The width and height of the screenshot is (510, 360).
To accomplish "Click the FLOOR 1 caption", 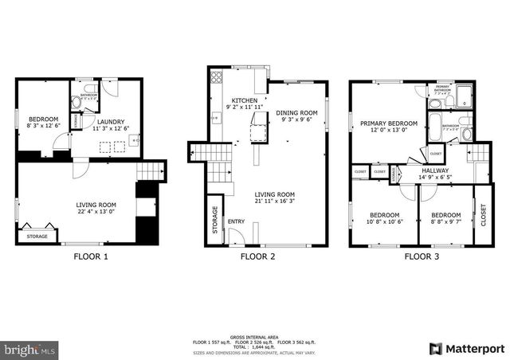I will pyautogui.click(x=90, y=256).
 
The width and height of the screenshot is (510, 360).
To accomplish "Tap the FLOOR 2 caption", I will pyautogui.click(x=257, y=256).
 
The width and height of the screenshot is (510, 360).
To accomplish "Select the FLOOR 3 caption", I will pyautogui.click(x=421, y=256).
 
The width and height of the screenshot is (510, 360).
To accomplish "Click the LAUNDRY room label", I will pyautogui.click(x=111, y=121).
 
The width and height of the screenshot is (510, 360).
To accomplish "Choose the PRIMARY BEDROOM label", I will pyautogui.click(x=388, y=123).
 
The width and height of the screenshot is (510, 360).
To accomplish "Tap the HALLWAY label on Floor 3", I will pyautogui.click(x=435, y=170).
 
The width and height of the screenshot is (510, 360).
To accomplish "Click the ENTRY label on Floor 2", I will pyautogui.click(x=237, y=222).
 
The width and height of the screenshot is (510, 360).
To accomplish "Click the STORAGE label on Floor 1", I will pyautogui.click(x=37, y=236).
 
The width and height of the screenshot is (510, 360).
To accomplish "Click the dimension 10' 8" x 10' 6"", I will pyautogui.click(x=385, y=221).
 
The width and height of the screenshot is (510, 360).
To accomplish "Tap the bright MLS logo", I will pyautogui.click(x=30, y=349).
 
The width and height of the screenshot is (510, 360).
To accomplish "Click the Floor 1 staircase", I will pyautogui.click(x=149, y=171).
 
